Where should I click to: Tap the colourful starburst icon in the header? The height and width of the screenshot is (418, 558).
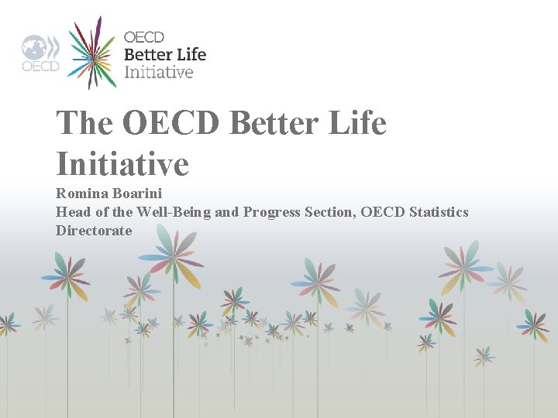(92, 53)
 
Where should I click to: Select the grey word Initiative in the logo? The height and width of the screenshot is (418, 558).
(159, 72)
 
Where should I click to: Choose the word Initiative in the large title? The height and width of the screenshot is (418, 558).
(122, 163)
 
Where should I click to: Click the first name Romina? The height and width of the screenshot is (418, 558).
(81, 193)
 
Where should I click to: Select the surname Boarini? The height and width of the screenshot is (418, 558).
(136, 193)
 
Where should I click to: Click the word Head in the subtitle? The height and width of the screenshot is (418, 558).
(71, 211)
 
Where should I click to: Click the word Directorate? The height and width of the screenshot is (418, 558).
(94, 231)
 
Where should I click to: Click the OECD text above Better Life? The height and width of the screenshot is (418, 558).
(144, 37)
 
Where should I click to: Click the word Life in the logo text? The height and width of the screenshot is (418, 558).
(191, 54)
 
